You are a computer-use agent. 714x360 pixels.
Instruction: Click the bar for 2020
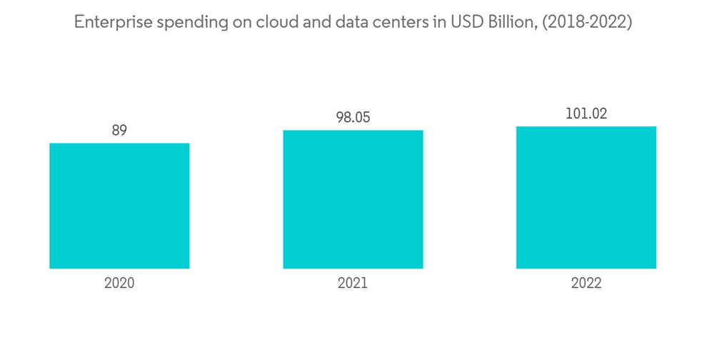point(119,206)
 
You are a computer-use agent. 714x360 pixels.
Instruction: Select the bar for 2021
point(353,199)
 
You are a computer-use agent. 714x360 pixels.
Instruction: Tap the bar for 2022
point(586,197)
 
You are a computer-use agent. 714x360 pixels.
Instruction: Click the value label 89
point(119,131)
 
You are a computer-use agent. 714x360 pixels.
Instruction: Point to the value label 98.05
point(353,118)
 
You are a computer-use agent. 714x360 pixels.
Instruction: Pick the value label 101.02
point(586,114)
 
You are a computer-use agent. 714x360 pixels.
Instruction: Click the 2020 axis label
point(119,283)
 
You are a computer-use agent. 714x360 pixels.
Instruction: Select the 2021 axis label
point(353,283)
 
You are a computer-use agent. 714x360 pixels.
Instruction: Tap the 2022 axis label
point(586,283)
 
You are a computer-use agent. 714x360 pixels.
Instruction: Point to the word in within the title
point(433,23)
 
